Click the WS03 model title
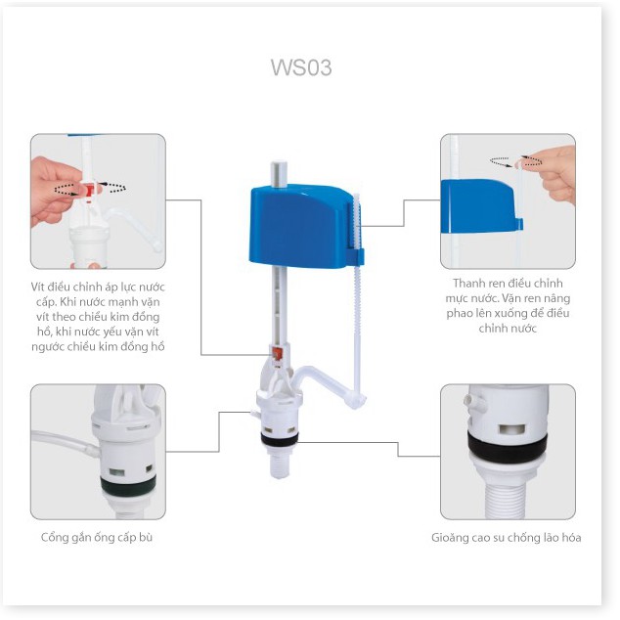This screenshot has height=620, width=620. (x=301, y=67)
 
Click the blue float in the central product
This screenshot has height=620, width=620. (x=300, y=225)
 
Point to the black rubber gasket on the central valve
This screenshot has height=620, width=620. (x=280, y=438)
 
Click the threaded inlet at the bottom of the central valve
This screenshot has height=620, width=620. (x=279, y=464)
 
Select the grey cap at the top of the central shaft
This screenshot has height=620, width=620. (x=279, y=174)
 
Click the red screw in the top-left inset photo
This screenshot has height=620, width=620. (x=91, y=190)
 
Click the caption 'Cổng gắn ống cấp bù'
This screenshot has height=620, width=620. (x=97, y=537)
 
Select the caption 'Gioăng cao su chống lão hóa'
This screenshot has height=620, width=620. (x=507, y=538)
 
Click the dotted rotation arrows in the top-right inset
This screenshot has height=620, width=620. (x=516, y=161)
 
